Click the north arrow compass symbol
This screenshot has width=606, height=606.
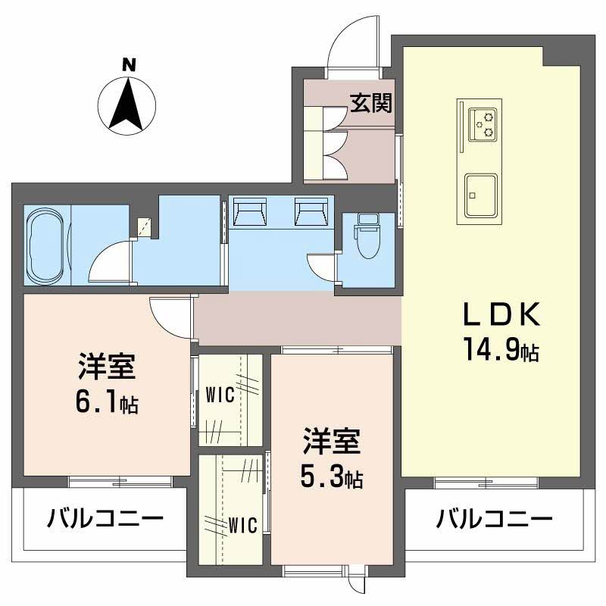click(127, 105)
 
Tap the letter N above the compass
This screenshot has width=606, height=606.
click(129, 65)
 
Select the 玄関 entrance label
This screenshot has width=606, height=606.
click(371, 103)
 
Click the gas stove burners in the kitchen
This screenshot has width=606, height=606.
click(483, 124)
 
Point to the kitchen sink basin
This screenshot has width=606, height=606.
click(481, 195)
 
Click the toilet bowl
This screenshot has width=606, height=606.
click(367, 236)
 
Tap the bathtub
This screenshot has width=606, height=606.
click(46, 245)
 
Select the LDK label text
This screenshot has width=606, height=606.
click(501, 314)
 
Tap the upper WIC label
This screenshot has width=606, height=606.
click(220, 395)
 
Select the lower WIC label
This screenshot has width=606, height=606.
click(242, 525)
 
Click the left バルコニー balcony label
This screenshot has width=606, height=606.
click(105, 519)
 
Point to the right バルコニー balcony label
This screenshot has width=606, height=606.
click(495, 519)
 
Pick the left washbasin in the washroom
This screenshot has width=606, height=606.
click(250, 211)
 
